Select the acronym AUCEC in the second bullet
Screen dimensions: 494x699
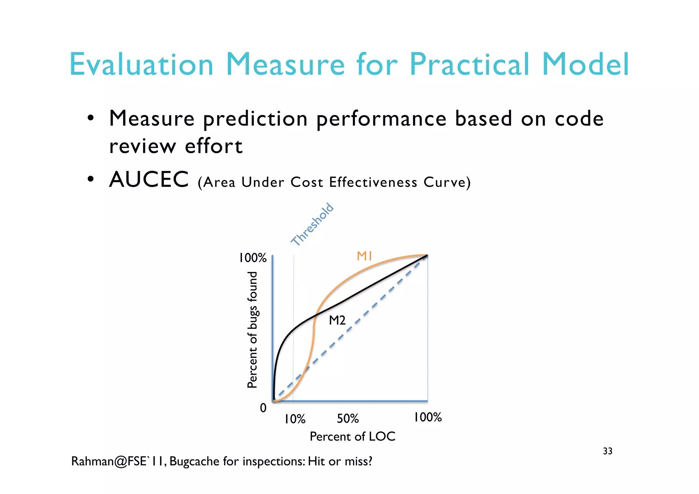click(149, 180)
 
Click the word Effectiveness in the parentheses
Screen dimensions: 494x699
click(373, 182)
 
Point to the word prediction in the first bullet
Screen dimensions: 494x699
click(255, 119)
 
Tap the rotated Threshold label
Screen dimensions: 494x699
click(312, 224)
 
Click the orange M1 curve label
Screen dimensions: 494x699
click(364, 256)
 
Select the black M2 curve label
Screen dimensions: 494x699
click(337, 320)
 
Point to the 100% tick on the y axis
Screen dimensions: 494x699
click(253, 258)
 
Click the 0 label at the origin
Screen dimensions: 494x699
click(263, 408)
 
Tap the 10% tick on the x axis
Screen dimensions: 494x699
click(295, 419)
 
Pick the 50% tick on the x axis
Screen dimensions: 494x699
click(348, 419)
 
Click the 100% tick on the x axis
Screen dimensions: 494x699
click(428, 417)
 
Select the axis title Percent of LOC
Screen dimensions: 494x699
click(352, 436)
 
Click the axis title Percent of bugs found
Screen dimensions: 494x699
click(252, 330)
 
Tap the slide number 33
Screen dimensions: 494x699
click(608, 451)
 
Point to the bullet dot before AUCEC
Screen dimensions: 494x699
click(90, 179)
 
